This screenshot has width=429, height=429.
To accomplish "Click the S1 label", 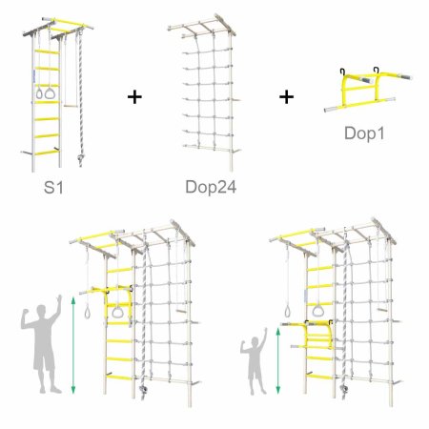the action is tap(53, 187).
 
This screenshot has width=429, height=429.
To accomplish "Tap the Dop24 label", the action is tap(211, 187).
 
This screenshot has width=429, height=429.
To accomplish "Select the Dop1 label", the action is tap(364, 133).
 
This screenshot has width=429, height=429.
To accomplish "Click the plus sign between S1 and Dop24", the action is tap(134, 97).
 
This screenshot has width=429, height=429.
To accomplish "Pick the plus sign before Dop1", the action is tap(286, 97).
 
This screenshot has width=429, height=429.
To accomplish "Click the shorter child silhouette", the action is tap(255, 362).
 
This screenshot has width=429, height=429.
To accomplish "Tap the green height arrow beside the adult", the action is tap(73, 345).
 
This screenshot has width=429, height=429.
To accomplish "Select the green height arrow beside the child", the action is tap(278, 361).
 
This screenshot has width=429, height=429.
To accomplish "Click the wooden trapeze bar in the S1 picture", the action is tap(71, 106).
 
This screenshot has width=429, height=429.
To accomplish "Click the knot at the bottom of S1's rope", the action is tap(80, 158).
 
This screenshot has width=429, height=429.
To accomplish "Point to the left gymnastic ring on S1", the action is tap(39, 93).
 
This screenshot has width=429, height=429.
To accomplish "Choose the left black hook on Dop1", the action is tap(342, 71).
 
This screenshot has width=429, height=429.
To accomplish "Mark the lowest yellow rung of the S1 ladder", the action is tap(47, 153).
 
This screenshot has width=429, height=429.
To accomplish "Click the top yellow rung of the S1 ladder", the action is tap(47, 51).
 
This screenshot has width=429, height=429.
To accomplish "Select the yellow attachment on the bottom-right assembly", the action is tap(317, 337).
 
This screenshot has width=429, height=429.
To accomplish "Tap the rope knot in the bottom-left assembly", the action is tap(143, 389).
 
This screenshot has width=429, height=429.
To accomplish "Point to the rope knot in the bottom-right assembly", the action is tap(343, 389).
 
